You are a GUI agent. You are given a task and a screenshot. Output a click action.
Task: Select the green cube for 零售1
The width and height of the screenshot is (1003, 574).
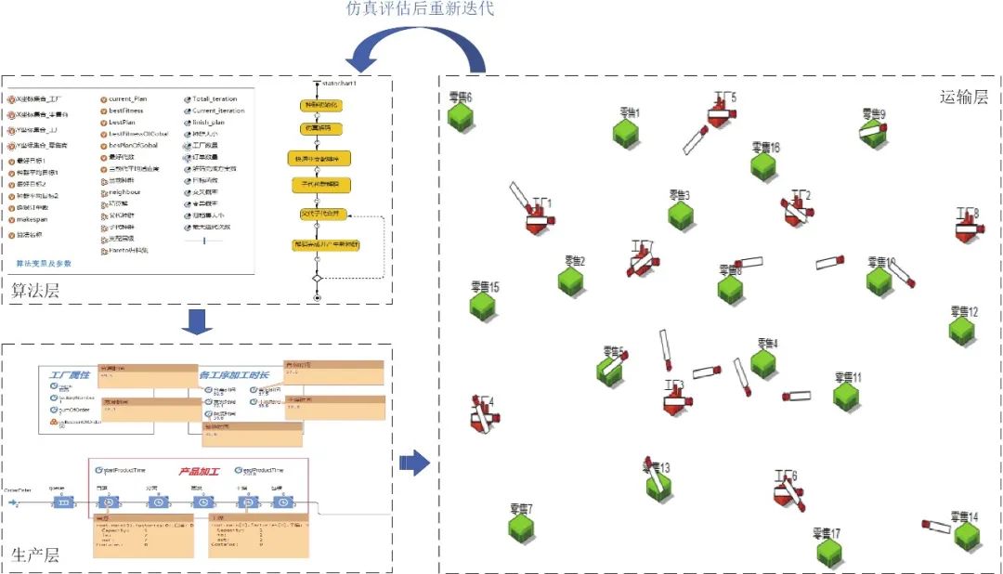click(626, 133)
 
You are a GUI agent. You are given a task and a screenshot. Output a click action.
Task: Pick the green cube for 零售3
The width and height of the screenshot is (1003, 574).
click(681, 215)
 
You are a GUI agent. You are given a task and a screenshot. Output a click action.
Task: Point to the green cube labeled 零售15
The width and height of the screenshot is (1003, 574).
click(482, 306)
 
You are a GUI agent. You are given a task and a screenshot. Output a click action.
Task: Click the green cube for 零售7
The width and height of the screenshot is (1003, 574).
click(521, 528)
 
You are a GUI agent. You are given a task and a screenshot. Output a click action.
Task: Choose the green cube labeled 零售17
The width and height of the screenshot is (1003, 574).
click(829, 553)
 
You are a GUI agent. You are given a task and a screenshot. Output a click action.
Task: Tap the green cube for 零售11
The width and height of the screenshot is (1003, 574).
click(846, 397)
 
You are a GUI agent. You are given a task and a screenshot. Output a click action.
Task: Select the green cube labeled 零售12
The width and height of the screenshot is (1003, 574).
click(962, 330)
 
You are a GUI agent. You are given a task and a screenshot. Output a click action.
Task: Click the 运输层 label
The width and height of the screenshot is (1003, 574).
click(963, 98)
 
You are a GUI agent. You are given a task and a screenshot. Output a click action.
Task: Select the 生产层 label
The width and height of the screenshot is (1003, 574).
click(35, 555)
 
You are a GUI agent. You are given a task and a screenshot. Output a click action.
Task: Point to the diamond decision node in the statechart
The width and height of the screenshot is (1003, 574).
click(317, 277)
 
